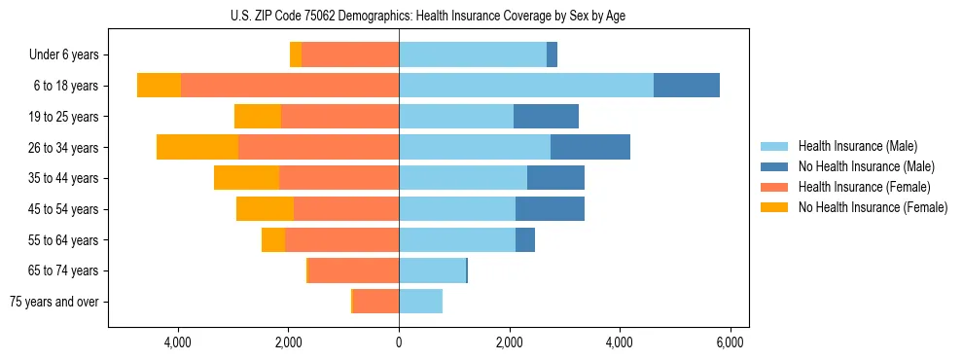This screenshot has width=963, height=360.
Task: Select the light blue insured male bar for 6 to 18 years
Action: tap(525, 86)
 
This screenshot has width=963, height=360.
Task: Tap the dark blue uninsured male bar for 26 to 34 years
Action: tap(589, 147)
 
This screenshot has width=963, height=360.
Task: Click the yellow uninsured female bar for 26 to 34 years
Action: tap(197, 147)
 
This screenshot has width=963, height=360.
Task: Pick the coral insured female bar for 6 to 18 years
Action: tap(290, 86)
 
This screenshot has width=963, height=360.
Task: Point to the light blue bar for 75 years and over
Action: tap(420, 302)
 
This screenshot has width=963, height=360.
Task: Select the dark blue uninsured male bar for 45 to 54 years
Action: tap(550, 209)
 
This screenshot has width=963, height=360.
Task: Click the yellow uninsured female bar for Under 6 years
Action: tap(296, 54)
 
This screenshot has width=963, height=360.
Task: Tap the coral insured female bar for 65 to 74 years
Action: tap(353, 270)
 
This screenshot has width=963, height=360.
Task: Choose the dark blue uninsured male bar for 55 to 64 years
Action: tap(525, 239)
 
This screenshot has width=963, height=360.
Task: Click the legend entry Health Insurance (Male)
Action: tap(858, 146)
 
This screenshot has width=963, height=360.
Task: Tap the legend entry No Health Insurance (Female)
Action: tap(872, 207)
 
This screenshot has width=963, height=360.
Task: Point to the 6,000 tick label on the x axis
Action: tap(730, 342)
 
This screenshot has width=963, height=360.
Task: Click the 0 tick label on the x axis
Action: tap(399, 342)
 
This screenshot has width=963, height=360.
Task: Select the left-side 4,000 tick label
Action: tap(178, 342)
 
